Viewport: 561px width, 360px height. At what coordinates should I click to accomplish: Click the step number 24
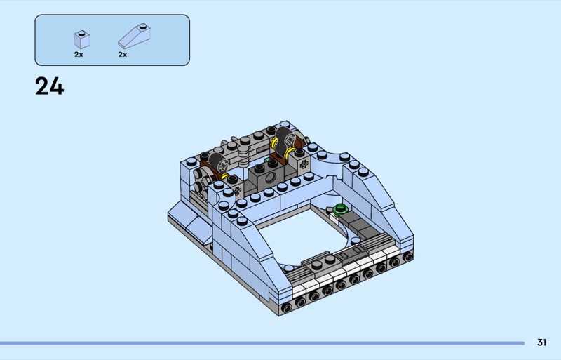(49, 87)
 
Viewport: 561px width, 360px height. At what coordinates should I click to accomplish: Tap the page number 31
(541, 342)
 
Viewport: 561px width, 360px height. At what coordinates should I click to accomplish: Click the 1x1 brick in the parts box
(81, 40)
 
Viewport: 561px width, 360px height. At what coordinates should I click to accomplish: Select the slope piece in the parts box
(134, 36)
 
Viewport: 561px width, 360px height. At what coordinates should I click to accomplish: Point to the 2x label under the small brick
(79, 55)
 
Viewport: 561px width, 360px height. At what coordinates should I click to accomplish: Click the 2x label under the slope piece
(122, 55)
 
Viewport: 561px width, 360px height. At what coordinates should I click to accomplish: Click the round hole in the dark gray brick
(271, 177)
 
